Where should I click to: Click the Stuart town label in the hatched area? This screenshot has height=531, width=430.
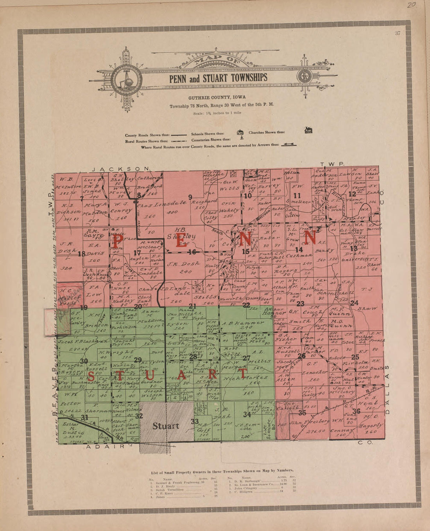click(x=166, y=426)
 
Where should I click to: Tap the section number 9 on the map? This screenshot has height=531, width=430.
click(x=190, y=196)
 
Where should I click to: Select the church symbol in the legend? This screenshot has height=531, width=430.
click(x=308, y=130)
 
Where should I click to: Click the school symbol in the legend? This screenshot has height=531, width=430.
click(x=240, y=132)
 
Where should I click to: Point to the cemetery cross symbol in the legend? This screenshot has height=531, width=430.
click(x=242, y=139)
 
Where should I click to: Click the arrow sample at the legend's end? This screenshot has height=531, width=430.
click(x=287, y=144)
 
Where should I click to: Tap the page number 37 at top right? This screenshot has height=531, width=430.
click(x=398, y=33)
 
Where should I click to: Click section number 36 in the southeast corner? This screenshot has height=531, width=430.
click(x=356, y=411)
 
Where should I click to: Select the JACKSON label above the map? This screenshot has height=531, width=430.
click(x=121, y=169)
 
